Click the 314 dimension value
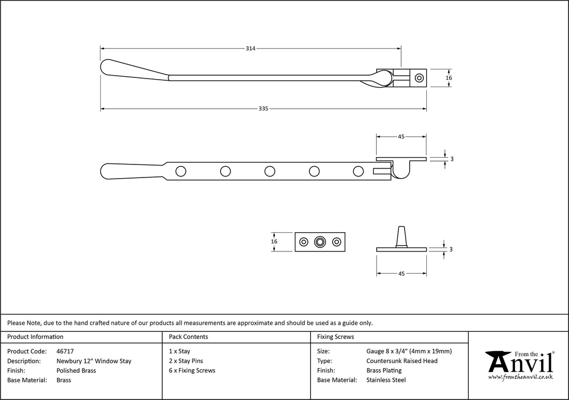250,48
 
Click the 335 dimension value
263,109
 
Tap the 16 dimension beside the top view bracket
449,78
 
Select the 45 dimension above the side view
401,137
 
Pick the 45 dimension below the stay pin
401,274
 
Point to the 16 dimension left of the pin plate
274,241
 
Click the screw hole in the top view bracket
419,78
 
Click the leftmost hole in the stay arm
181,171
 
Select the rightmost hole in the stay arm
358,171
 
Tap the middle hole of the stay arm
270,171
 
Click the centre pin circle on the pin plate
320,242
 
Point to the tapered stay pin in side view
401,237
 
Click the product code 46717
65,352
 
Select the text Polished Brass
76,370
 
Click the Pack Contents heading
188,337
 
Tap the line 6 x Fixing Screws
192,370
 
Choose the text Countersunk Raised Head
402,361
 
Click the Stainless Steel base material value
386,380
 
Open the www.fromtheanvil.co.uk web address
521,377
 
